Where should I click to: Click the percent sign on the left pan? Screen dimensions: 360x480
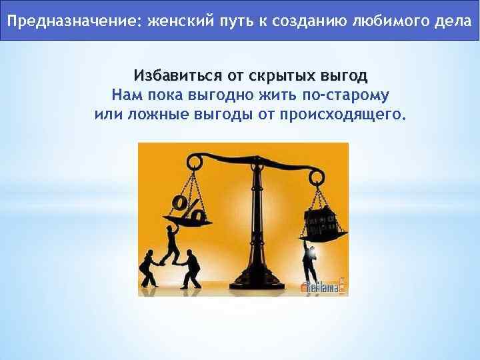click(188, 207)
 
